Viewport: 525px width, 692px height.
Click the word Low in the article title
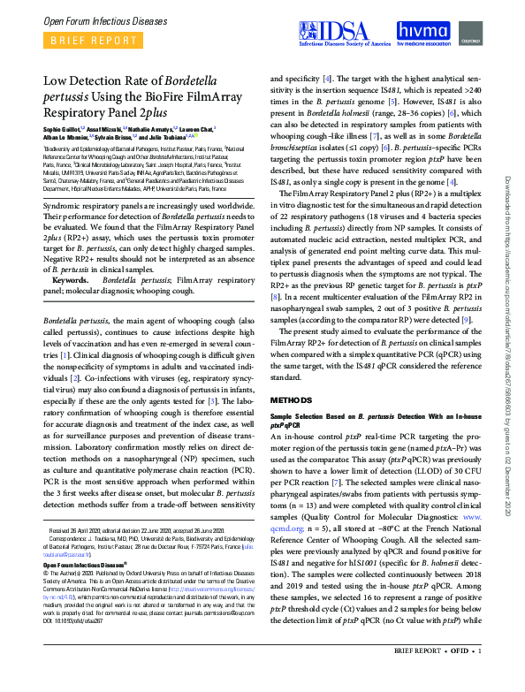click(x=59, y=81)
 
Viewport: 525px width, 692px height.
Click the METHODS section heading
click(x=292, y=400)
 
